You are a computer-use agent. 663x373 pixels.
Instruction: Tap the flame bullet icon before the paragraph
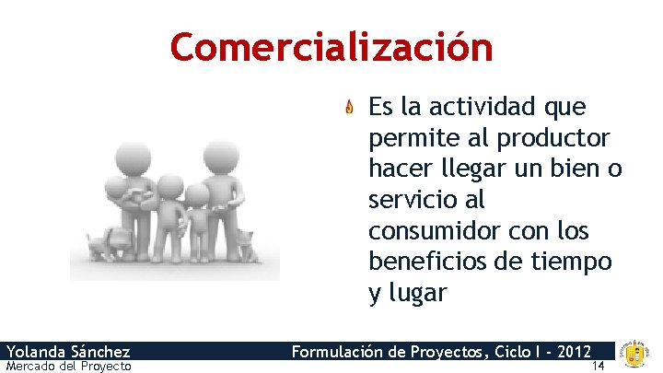[350, 109]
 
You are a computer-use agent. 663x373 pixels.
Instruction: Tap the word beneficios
[430, 262]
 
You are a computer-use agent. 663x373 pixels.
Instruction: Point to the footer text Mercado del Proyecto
[68, 367]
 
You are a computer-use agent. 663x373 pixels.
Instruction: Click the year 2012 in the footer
[572, 351]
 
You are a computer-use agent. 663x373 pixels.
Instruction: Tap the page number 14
[599, 367]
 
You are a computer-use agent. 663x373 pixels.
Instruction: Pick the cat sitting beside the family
[245, 246]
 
